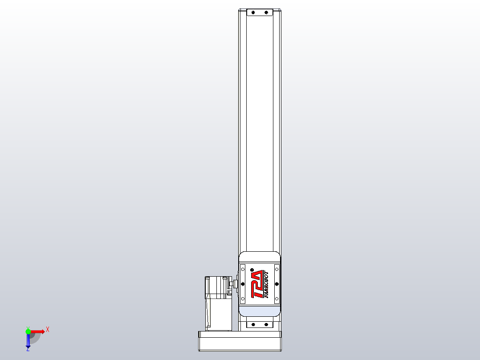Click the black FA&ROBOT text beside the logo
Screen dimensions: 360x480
(x=266, y=284)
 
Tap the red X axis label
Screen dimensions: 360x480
(x=48, y=330)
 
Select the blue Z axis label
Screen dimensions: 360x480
(x=28, y=350)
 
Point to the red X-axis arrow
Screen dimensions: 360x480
(x=38, y=331)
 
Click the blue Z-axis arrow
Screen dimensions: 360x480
(x=28, y=341)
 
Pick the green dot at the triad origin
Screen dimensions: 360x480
(x=28, y=331)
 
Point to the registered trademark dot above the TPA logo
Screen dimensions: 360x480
(x=252, y=270)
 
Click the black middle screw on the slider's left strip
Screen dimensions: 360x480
(x=243, y=283)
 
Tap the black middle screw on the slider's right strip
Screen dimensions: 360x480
(x=277, y=283)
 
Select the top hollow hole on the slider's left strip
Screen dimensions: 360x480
(x=243, y=269)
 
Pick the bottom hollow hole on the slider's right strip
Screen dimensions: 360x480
(x=277, y=299)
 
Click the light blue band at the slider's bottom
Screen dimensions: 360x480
(x=260, y=311)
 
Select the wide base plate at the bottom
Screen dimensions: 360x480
(x=240, y=342)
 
